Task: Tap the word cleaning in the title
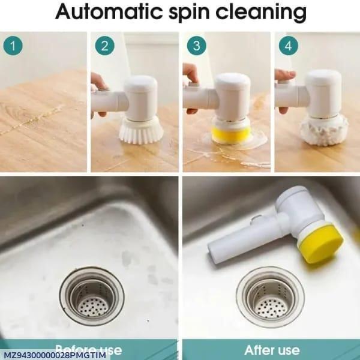(x=268, y=13)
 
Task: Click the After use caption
(x=272, y=350)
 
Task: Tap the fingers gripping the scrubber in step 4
(x=284, y=76)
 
